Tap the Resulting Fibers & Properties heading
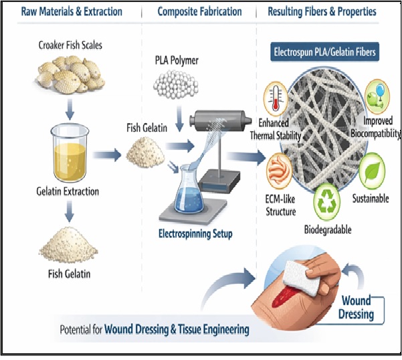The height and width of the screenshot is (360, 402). pos(322,11)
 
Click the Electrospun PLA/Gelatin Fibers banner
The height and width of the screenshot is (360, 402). pos(323,52)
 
